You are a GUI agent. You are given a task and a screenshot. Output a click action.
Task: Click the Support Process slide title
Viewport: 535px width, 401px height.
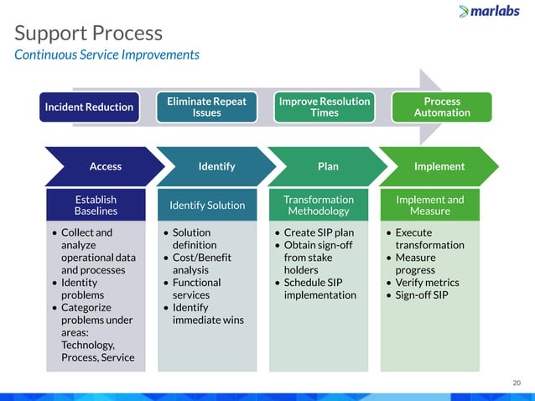[x=89, y=34]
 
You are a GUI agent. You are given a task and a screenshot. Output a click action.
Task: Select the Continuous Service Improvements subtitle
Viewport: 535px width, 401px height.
[x=106, y=55]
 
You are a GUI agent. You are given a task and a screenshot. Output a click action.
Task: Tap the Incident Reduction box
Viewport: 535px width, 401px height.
[x=90, y=107]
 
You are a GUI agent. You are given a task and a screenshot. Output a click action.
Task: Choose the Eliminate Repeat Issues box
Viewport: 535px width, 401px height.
[x=206, y=107]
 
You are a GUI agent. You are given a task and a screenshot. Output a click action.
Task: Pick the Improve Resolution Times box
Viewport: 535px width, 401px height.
[x=325, y=107]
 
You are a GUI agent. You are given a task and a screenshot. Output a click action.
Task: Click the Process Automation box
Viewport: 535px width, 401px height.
[x=442, y=107]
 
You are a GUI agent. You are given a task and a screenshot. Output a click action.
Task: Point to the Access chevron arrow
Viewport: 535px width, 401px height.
[x=104, y=166]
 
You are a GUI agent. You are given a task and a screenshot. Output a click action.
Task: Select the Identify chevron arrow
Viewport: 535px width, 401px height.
[x=216, y=166]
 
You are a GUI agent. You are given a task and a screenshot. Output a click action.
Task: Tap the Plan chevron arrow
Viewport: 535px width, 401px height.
[x=328, y=166]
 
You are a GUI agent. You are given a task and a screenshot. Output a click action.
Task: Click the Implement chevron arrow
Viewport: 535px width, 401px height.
[x=439, y=166]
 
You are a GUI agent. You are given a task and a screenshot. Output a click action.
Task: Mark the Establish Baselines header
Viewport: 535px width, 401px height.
[x=96, y=206]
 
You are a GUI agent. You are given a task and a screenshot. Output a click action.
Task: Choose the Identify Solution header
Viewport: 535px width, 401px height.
[x=207, y=206]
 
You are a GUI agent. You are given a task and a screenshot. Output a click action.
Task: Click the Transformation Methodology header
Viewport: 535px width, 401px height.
[x=319, y=206]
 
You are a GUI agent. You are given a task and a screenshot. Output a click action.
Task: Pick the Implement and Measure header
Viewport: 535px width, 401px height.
[x=429, y=206]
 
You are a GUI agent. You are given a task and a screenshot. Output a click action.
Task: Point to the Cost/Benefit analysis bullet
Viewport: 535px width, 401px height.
[x=201, y=264]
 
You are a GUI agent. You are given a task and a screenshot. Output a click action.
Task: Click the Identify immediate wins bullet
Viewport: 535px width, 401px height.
[x=202, y=314]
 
